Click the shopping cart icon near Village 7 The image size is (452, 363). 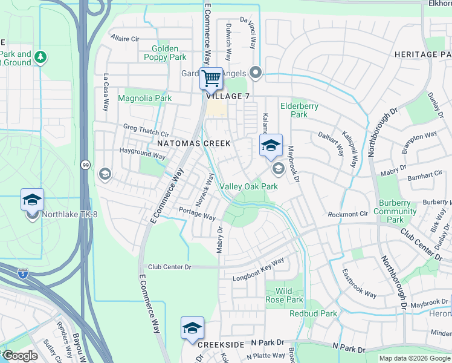(x=211, y=77)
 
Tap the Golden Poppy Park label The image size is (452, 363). (x=165, y=53)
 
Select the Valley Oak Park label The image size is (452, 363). (x=248, y=186)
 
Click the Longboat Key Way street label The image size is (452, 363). (x=259, y=270)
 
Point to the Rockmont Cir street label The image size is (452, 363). (x=347, y=214)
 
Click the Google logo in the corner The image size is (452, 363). (x=19, y=356)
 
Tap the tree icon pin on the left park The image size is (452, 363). (x=40, y=57)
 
